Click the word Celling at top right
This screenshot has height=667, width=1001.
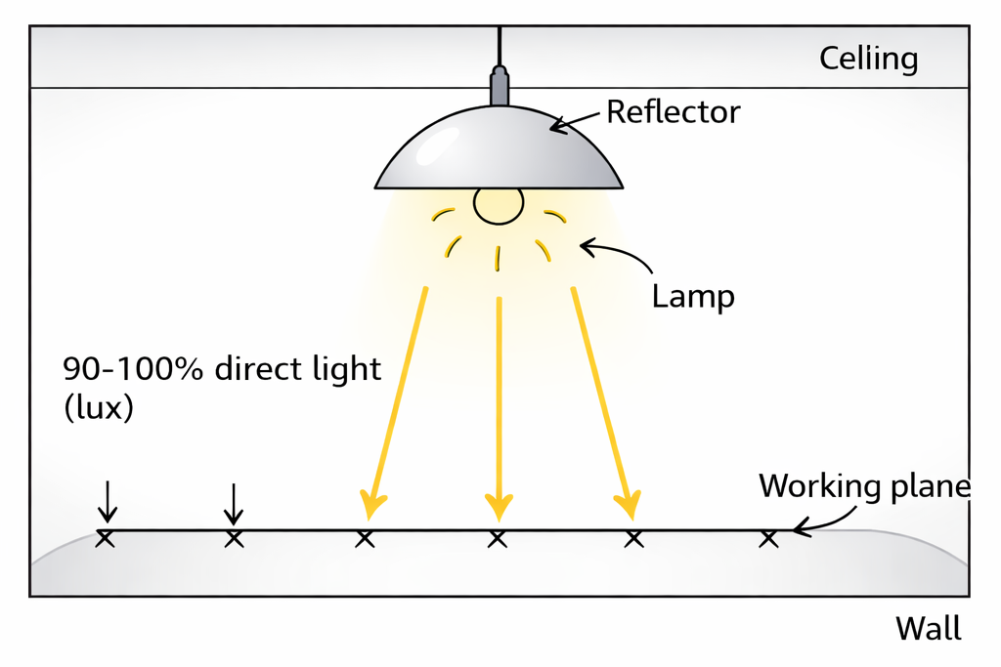pyautogui.click(x=868, y=60)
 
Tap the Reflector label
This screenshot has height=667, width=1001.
pyautogui.click(x=673, y=111)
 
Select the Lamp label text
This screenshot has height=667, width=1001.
pyautogui.click(x=693, y=296)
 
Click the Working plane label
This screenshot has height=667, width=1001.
pyautogui.click(x=864, y=486)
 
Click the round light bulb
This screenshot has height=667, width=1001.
pyautogui.click(x=499, y=204)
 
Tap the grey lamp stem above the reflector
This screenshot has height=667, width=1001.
pyautogui.click(x=500, y=86)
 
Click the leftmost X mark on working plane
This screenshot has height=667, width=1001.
pyautogui.click(x=106, y=538)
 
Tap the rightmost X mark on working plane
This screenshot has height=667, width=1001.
pyautogui.click(x=769, y=538)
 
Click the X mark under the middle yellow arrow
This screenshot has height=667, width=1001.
pyautogui.click(x=498, y=538)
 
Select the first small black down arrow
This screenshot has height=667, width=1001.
pyautogui.click(x=108, y=502)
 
